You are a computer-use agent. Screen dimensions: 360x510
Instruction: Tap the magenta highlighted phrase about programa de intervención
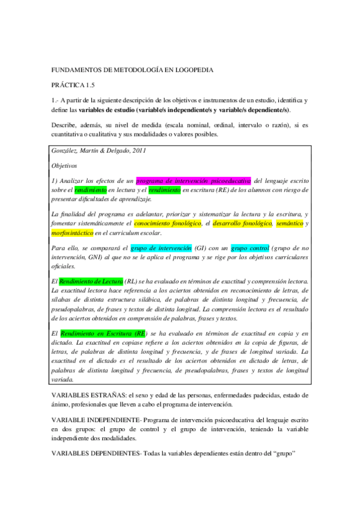(x=194, y=180)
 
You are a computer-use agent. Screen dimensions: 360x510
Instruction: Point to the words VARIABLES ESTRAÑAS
(x=89, y=396)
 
